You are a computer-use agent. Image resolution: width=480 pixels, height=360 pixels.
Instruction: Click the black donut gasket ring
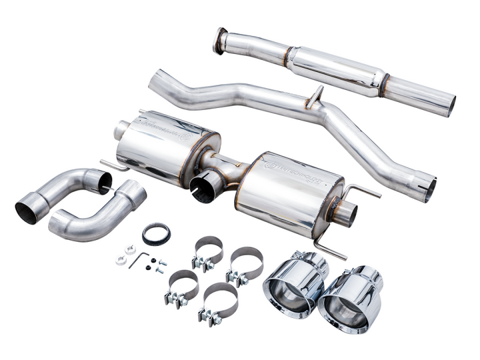tap(156, 233)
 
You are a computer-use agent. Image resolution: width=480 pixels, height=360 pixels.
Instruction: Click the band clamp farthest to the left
tap(181, 286)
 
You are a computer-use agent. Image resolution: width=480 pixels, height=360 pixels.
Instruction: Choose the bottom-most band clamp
tap(218, 301)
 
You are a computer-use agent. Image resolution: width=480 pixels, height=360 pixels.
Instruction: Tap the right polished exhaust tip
tap(351, 300)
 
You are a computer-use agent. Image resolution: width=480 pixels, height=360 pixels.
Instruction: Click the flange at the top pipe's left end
tap(219, 41)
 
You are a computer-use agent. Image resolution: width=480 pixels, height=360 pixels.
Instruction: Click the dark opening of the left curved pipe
tap(26, 209)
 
